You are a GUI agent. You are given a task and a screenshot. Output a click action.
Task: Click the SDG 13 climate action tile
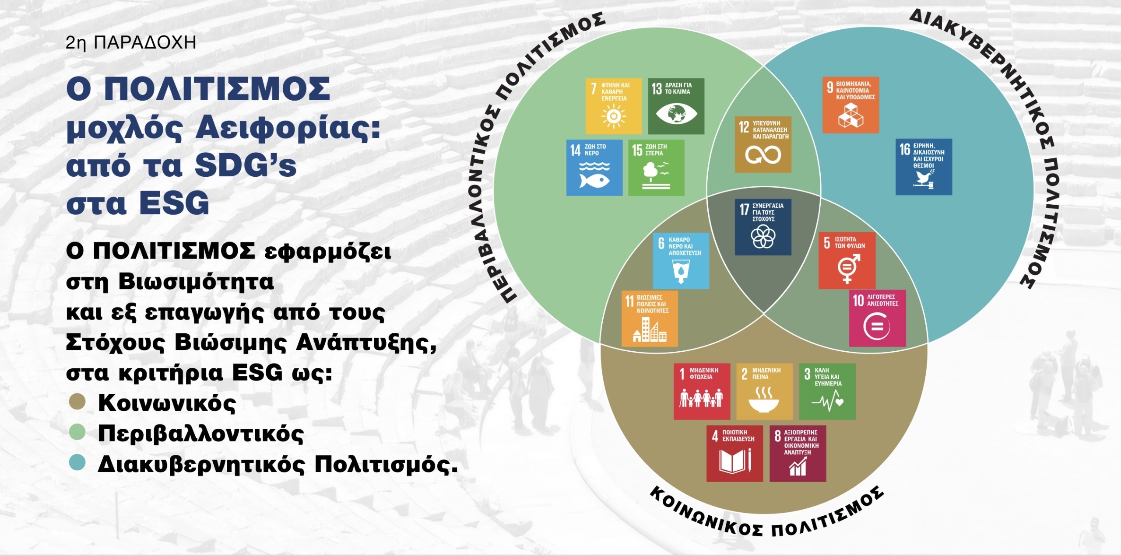tap(676, 106)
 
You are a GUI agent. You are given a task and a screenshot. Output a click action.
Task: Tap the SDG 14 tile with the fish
tap(594, 168)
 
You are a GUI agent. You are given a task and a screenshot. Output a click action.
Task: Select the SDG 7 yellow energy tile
tap(614, 106)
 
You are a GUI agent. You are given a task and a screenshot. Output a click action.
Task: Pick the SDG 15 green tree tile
tap(656, 168)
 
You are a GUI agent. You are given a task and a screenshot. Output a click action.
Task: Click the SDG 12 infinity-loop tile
tap(763, 144)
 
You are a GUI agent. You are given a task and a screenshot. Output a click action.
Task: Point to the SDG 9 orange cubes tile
tap(850, 105)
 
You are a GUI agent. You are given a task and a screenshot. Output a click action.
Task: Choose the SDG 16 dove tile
tap(924, 167)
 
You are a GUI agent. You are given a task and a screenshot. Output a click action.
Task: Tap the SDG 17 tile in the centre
tap(763, 227)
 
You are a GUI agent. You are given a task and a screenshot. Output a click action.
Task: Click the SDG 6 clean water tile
tap(681, 261)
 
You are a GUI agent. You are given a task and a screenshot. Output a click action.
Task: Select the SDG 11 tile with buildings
tap(650, 318)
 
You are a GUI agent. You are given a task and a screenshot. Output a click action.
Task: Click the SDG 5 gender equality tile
tap(847, 260)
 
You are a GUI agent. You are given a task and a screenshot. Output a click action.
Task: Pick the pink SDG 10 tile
tap(877, 318)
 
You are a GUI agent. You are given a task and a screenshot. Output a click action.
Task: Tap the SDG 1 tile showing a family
tap(702, 392)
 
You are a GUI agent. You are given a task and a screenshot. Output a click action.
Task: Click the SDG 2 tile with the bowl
tap(764, 392)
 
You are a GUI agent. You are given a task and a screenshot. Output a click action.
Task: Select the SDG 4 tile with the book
tap(734, 454)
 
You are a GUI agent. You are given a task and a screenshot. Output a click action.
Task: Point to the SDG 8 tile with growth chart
tap(798, 454)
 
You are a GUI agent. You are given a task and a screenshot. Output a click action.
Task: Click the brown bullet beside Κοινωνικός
tap(77, 402)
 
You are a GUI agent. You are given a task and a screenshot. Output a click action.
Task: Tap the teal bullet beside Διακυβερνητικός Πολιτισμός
tap(77, 463)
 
